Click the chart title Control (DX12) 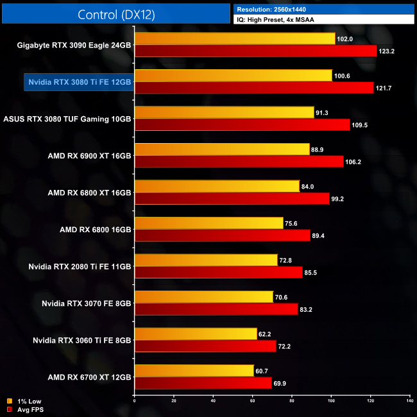coord(115,14)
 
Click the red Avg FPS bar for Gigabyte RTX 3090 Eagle coord(255,51)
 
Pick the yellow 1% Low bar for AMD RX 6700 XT coord(194,371)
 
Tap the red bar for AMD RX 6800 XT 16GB coord(232,198)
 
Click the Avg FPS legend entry coord(25,409)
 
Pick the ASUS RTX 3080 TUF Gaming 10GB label coord(67,119)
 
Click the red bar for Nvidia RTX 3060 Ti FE coord(205,346)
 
